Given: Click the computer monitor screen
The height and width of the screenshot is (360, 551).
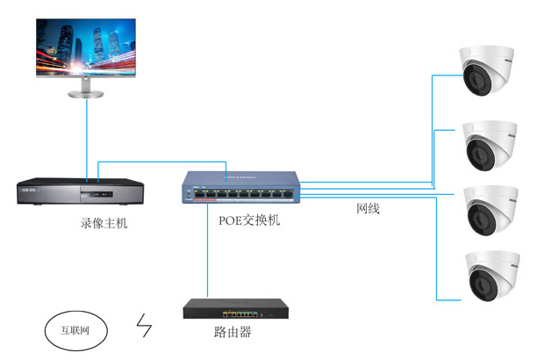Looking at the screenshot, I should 87,46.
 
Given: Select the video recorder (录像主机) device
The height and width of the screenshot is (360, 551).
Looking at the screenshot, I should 79,191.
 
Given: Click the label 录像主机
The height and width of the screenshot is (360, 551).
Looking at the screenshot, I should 104,223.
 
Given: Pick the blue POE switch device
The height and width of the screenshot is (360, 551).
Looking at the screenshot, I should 241,189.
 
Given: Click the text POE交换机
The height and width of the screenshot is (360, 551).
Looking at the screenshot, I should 249,220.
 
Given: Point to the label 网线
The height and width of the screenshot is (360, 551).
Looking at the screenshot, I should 369,210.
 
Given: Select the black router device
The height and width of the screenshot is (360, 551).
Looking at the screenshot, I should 236,310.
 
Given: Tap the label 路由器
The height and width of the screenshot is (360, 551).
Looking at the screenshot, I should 233,333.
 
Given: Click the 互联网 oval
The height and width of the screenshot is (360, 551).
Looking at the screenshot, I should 75,330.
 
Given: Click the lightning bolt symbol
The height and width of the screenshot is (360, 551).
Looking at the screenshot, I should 144,327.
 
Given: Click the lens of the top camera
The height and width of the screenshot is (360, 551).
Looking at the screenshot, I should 478,83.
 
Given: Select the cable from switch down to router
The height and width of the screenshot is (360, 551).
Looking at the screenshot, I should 207,255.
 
